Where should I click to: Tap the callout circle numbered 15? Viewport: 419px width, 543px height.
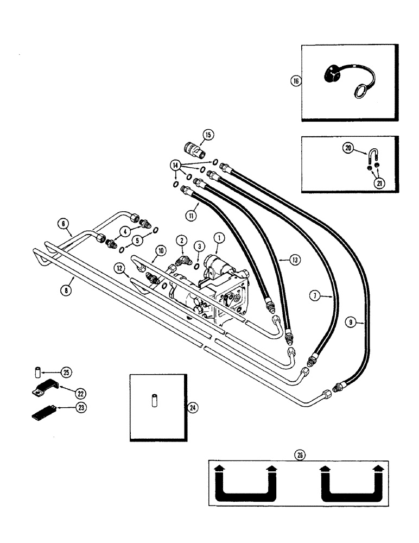[208, 134]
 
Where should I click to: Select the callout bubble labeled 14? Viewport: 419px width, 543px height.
[174, 165]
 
